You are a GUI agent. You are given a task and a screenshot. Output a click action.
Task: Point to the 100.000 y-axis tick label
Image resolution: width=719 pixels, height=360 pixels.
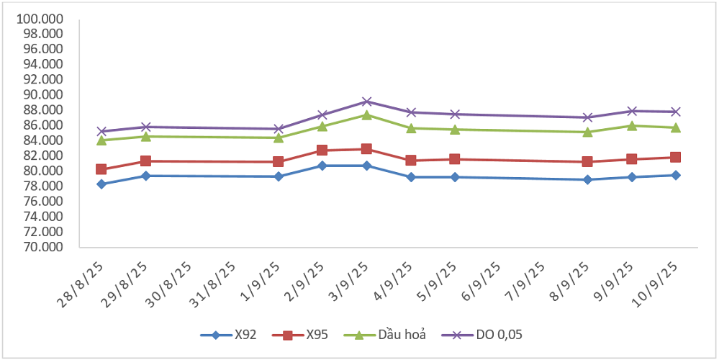[41, 18]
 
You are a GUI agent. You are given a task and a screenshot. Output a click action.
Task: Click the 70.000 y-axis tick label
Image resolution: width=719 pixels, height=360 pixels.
[44, 247]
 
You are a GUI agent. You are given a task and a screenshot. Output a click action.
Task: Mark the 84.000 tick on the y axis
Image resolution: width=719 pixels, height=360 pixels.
[44, 140]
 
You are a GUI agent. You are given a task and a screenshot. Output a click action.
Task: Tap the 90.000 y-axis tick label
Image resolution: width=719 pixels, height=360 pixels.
[44, 94]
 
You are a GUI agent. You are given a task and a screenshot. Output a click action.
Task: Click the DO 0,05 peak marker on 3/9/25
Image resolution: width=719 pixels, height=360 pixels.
[366, 102]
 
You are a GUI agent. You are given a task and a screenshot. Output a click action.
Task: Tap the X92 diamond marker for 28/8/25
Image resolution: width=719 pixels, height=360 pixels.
[101, 184]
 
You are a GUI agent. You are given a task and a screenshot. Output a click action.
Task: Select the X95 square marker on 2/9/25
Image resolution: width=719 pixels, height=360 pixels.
[322, 150]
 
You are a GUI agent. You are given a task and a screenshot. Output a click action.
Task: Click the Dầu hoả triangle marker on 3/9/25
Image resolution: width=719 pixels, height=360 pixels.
[366, 114]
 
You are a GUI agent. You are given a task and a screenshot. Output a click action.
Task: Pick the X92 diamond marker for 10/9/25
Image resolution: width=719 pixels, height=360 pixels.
[676, 175]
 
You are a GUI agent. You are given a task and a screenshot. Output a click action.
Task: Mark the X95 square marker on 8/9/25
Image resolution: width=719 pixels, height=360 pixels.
[587, 162]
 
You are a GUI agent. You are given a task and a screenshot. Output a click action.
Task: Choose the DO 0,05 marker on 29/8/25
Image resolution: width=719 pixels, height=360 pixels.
[145, 127]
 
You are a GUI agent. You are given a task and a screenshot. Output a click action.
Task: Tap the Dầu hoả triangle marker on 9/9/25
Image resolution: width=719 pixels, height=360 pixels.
[631, 125]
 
